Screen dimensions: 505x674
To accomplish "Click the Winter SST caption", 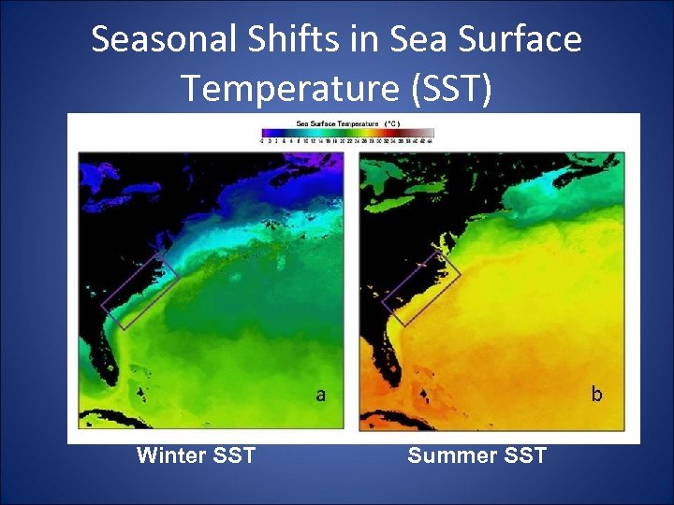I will [x=196, y=456].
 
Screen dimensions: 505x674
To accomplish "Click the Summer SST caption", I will [x=476, y=456].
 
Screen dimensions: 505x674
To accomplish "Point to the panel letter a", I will [x=321, y=395].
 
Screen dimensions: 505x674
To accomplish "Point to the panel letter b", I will [x=596, y=394].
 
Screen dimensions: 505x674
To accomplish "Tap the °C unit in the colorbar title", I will [x=391, y=123].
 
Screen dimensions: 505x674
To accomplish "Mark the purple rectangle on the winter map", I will [x=139, y=285].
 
